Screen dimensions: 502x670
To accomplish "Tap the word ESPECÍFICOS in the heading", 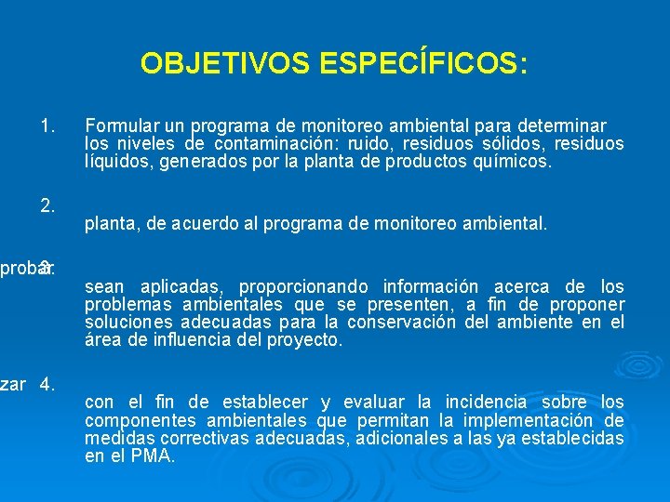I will click(423, 64).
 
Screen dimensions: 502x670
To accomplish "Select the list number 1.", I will click(49, 125).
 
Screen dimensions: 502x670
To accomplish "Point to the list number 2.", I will click(49, 205).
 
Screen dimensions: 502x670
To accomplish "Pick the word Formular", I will click(123, 125).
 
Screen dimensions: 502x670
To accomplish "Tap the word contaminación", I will click(275, 143).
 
